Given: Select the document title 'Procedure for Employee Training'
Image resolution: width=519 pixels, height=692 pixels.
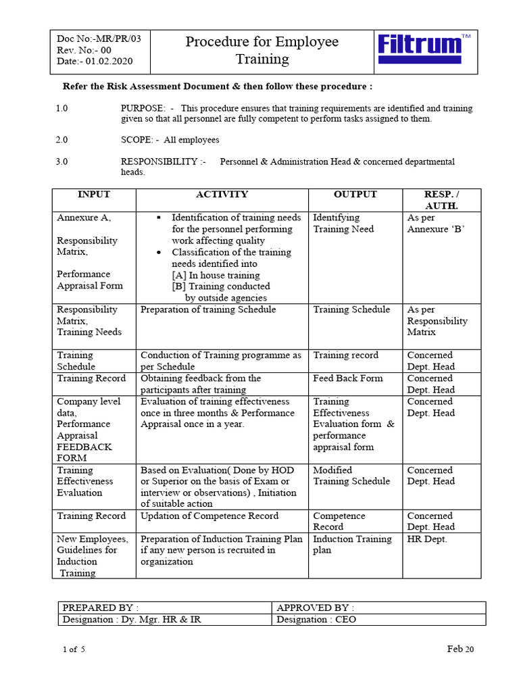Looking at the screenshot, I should click(x=262, y=51).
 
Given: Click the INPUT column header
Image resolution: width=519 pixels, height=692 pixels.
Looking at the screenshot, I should click(x=93, y=195).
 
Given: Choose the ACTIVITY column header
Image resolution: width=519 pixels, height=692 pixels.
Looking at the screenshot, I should click(x=222, y=195).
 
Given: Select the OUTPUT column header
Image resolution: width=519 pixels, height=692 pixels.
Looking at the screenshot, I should click(x=355, y=195).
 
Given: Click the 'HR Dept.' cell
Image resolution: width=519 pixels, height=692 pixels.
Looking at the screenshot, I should click(x=426, y=539).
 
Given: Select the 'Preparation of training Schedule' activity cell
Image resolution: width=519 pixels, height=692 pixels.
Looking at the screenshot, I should click(x=208, y=310).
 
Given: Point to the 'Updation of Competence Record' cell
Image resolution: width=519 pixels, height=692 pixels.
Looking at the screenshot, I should click(x=209, y=516).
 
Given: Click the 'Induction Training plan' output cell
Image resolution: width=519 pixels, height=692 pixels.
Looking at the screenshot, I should click(x=352, y=545).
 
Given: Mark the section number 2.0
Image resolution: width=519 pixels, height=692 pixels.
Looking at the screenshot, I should click(x=62, y=140).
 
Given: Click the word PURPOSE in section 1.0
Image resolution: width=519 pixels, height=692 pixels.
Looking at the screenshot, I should click(x=143, y=108).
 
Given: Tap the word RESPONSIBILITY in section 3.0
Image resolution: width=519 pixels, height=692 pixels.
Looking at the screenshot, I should click(x=159, y=162).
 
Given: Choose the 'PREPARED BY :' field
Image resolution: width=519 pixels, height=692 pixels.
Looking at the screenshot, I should click(x=100, y=608).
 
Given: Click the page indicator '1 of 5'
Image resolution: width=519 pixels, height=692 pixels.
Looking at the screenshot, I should click(x=74, y=649).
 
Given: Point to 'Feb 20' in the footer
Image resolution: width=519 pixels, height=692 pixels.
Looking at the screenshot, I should click(x=460, y=649).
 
